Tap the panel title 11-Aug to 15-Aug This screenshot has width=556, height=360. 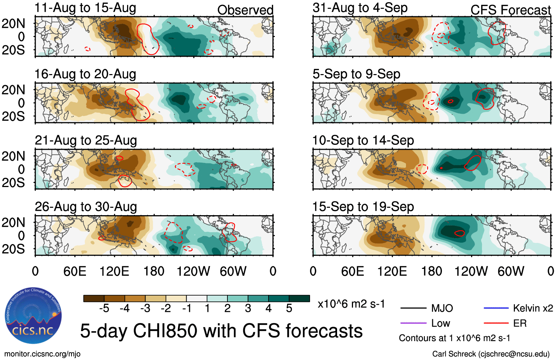click(x=85, y=8)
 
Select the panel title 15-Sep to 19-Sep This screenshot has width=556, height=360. click(x=363, y=207)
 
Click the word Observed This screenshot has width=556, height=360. click(x=245, y=10)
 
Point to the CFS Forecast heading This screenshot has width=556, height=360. click(x=510, y=10)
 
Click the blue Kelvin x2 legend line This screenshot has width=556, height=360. click(x=496, y=308)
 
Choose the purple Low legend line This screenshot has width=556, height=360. click(x=413, y=323)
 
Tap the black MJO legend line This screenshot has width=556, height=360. click(x=413, y=308)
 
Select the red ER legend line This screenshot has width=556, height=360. click(x=496, y=323)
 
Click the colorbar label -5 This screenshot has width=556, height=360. click(x=104, y=309)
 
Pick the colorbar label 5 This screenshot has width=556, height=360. click(x=289, y=309)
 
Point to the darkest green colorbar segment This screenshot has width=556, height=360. click(x=299, y=299)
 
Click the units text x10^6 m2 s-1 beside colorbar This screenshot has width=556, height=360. click(x=351, y=304)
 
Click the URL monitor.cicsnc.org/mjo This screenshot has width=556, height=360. click(x=42, y=354)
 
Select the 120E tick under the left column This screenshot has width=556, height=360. click(x=114, y=271)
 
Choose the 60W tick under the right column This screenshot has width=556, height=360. click(x=511, y=271)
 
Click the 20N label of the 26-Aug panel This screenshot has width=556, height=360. click(x=13, y=223)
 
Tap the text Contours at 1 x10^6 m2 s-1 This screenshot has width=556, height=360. click(x=455, y=338)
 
